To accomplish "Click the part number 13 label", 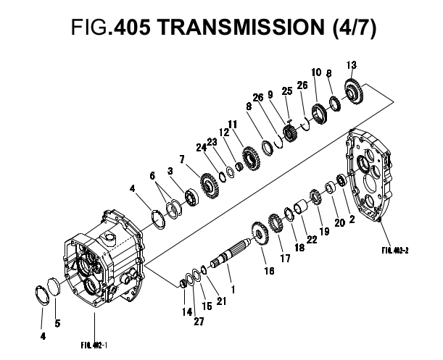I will click(x=352, y=66).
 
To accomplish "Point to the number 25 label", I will click(x=286, y=91).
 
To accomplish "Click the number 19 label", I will click(x=323, y=231).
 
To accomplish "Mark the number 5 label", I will click(x=58, y=323).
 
